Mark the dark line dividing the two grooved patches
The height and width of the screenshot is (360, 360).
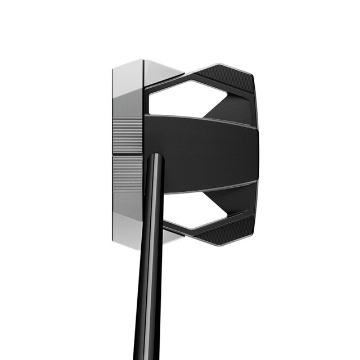click(128, 155)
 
